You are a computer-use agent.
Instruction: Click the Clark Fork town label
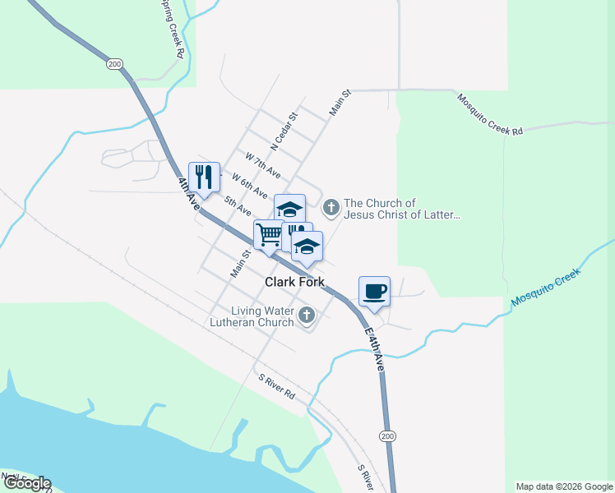pos(294,282)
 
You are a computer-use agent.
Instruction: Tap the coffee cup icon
pos(374,292)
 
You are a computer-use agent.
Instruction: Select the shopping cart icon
pos(268,235)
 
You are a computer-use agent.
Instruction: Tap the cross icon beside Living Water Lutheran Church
pos(307,315)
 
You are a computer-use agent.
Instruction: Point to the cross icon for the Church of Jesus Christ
pos(331,207)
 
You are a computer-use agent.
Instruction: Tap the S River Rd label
pos(276,385)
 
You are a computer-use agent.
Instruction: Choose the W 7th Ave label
pos(263,164)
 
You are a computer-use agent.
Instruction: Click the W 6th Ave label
pos(249,185)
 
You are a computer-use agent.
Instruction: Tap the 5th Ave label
pos(238,205)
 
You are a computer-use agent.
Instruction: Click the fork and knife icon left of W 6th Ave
pos(204,176)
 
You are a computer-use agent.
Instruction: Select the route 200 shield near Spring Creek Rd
pos(114,63)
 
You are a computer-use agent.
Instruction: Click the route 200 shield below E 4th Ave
pos(386,435)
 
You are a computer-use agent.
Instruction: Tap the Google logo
pos(26,483)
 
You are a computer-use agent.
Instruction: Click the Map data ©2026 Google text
pos(565,486)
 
